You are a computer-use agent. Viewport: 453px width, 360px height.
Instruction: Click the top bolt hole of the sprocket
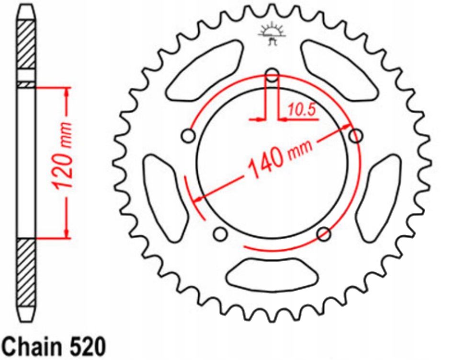(272, 75)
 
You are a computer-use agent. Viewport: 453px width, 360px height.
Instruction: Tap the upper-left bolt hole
(188, 136)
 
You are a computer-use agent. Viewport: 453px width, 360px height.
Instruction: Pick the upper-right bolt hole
(355, 137)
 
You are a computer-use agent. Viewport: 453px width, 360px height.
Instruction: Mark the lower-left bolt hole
(220, 234)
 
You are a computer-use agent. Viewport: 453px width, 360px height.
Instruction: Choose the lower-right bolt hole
(324, 234)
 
